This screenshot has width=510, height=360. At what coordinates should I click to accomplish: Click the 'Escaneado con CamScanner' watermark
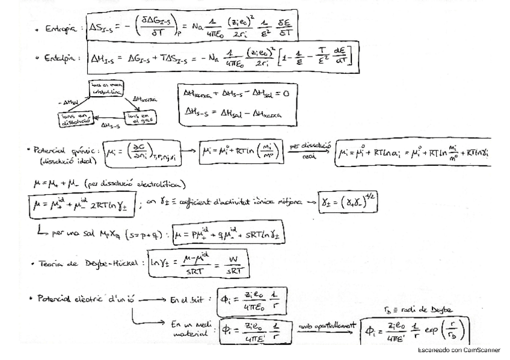[x=459, y=350]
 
